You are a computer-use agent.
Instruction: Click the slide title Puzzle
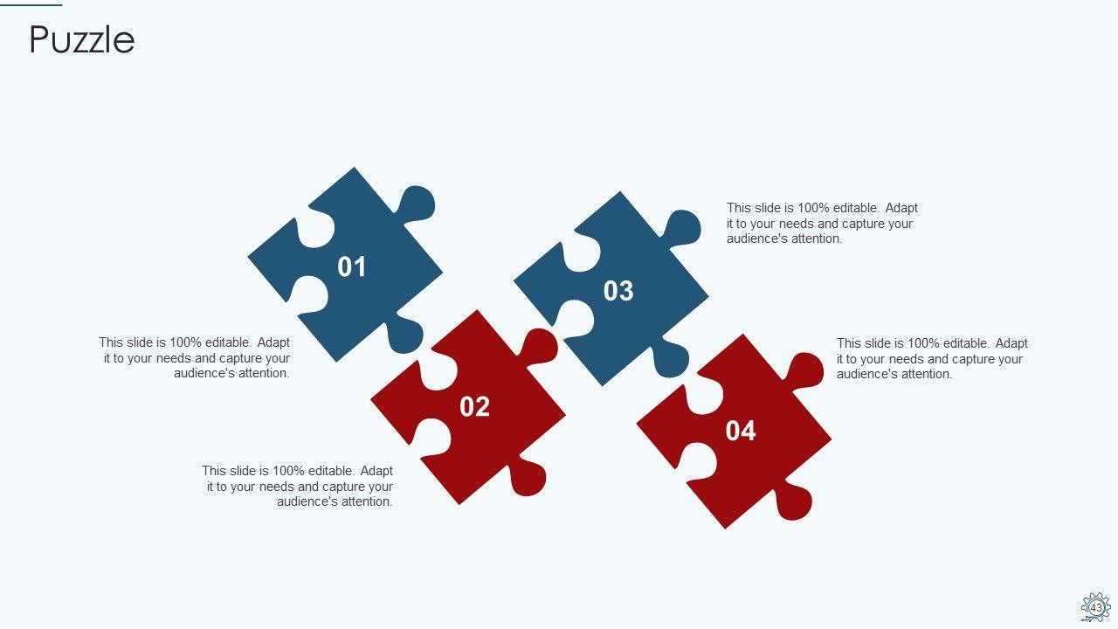(82, 39)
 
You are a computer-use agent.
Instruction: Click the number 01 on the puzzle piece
(352, 266)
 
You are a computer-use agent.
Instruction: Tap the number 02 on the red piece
(474, 407)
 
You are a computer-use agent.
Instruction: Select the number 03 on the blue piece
(618, 291)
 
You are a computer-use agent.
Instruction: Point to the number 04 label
(741, 431)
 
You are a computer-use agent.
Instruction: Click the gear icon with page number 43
(1096, 607)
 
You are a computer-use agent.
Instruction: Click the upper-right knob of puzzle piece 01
(417, 204)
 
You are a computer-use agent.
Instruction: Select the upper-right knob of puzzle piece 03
(682, 228)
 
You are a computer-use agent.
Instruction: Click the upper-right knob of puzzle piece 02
(539, 347)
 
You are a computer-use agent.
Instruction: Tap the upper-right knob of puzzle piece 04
(804, 370)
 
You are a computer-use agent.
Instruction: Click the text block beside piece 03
(822, 223)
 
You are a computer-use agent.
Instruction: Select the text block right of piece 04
(932, 358)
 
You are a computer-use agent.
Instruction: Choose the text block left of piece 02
(298, 486)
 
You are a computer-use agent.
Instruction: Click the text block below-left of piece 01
(194, 358)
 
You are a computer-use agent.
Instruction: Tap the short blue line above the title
(31, 5)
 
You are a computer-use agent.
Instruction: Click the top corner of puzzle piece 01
(355, 168)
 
